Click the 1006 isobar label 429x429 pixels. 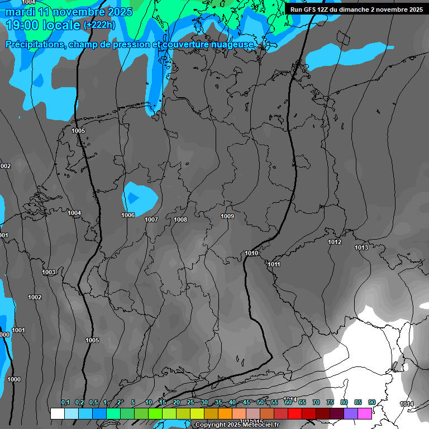(128, 215)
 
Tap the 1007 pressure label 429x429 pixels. (151, 220)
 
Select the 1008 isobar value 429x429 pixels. (180, 220)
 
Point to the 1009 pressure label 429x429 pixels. (227, 216)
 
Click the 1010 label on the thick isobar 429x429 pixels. (251, 253)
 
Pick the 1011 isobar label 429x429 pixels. (274, 264)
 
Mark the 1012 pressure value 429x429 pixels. (335, 242)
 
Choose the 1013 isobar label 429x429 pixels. (361, 247)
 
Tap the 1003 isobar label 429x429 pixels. (49, 272)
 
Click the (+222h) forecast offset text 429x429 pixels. (99, 25)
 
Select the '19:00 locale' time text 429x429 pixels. (42, 25)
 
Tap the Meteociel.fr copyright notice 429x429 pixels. (237, 425)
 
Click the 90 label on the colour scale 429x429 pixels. (371, 402)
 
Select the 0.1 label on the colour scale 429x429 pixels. (65, 402)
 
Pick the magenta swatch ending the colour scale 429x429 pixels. (365, 413)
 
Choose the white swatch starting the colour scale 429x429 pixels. (57, 413)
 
